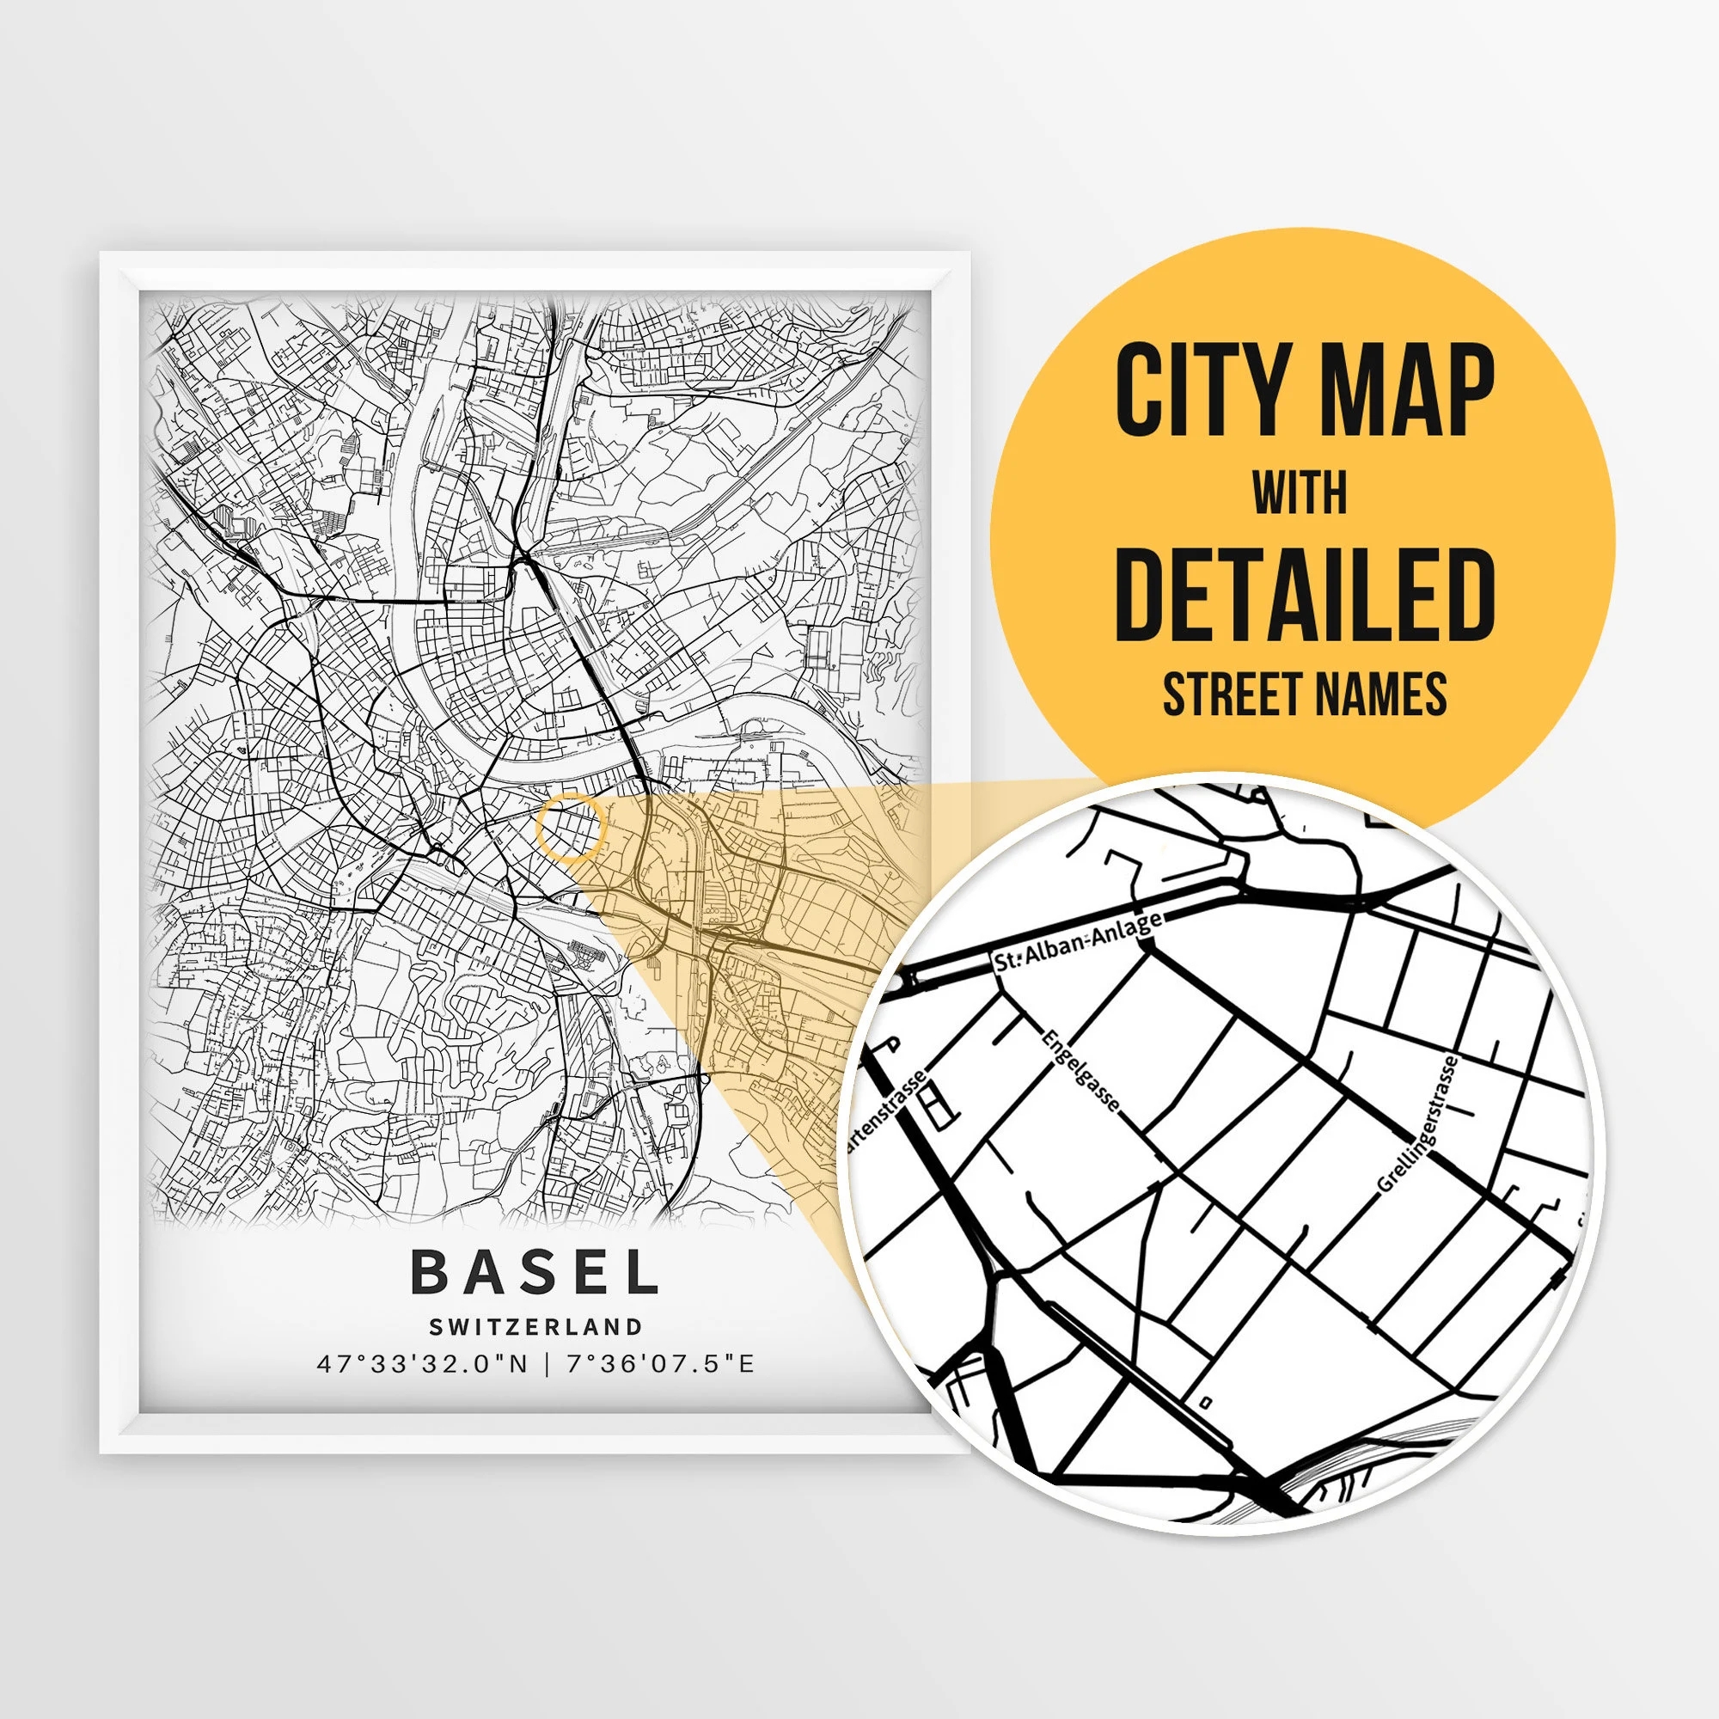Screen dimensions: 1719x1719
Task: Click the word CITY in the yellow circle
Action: [x=1190, y=391]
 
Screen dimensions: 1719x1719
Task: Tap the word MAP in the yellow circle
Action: [x=1408, y=391]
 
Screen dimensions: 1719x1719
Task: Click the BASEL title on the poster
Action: [x=535, y=1274]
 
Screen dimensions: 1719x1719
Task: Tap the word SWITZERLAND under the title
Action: [x=535, y=1326]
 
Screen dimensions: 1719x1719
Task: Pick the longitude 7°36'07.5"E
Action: [x=660, y=1364]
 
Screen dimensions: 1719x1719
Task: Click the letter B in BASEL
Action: [x=431, y=1274]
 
